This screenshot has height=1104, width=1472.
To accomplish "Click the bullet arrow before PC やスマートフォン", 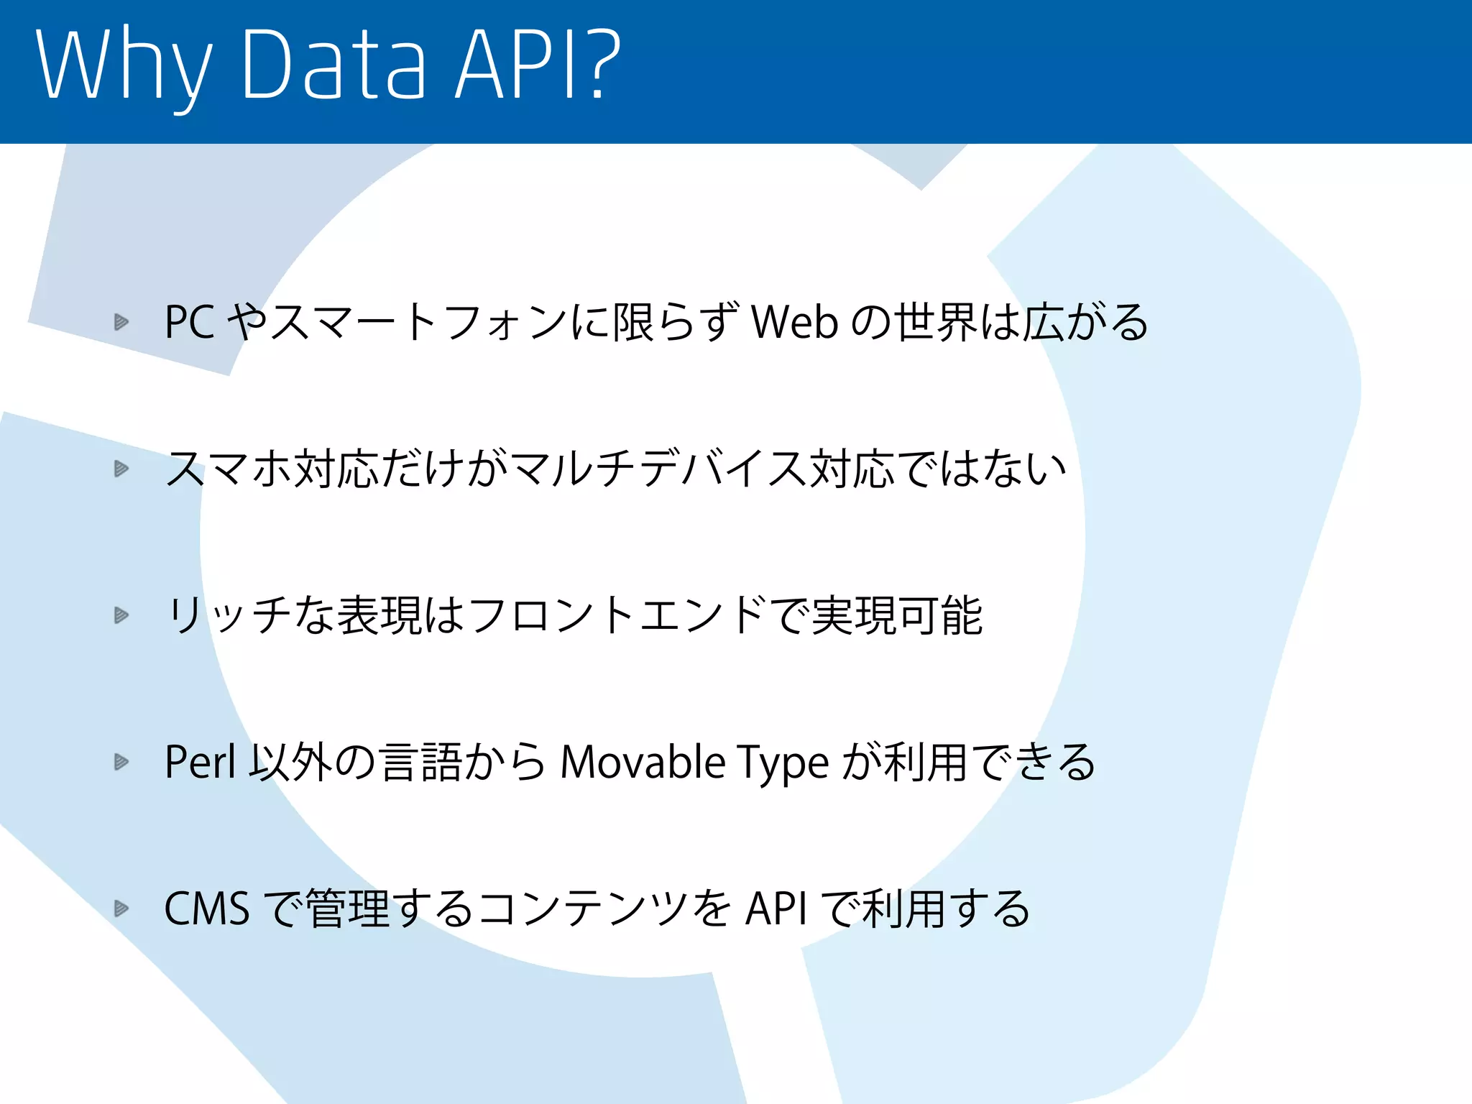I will pyautogui.click(x=121, y=322).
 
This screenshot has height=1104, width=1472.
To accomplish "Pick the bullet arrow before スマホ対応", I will pyautogui.click(x=121, y=469).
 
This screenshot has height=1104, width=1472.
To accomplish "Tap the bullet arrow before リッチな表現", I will pyautogui.click(x=121, y=615).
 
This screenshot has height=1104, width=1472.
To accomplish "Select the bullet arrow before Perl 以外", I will pyautogui.click(x=121, y=762).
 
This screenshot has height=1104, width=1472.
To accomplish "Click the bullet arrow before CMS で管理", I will pyautogui.click(x=121, y=908).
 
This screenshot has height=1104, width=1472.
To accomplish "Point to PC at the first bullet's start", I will pyautogui.click(x=190, y=322).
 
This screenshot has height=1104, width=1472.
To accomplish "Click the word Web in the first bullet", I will pyautogui.click(x=794, y=322).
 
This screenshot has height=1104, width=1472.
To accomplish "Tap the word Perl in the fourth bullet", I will pyautogui.click(x=200, y=762).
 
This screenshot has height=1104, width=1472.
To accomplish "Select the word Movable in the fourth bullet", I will pyautogui.click(x=643, y=762).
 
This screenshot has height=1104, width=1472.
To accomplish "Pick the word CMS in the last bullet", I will pyautogui.click(x=207, y=908).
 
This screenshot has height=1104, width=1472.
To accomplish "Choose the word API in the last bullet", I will pyautogui.click(x=776, y=908).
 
